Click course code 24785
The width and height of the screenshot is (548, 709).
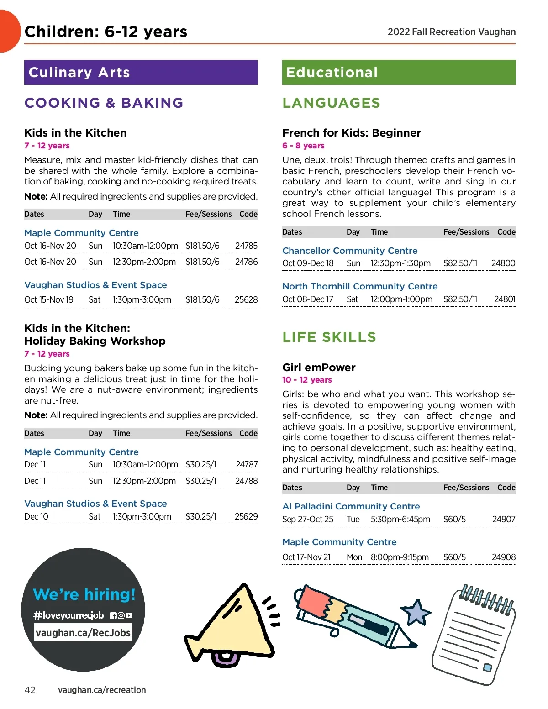click(x=246, y=246)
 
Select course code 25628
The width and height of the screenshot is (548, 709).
click(x=246, y=299)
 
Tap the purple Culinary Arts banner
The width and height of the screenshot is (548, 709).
click(x=141, y=72)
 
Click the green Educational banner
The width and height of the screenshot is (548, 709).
click(x=399, y=72)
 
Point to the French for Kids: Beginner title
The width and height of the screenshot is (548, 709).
click(x=351, y=133)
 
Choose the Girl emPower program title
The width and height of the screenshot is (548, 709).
click(x=319, y=368)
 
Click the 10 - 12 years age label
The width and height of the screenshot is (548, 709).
click(x=307, y=380)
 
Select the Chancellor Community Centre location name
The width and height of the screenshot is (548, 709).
click(x=350, y=251)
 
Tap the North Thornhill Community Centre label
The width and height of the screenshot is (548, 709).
click(x=360, y=286)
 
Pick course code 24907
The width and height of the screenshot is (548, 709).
click(x=504, y=519)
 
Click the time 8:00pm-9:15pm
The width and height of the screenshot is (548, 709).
click(x=400, y=557)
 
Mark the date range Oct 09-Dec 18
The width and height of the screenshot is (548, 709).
click(x=308, y=263)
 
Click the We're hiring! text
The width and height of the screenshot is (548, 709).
click(x=84, y=594)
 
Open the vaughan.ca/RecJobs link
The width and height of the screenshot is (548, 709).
click(x=83, y=633)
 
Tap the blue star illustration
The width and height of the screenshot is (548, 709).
click(x=416, y=612)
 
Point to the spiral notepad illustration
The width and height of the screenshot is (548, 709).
click(x=474, y=635)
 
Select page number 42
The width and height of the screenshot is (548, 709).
click(x=30, y=690)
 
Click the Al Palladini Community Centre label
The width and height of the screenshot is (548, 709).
click(x=351, y=506)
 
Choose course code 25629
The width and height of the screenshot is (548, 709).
click(x=246, y=516)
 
